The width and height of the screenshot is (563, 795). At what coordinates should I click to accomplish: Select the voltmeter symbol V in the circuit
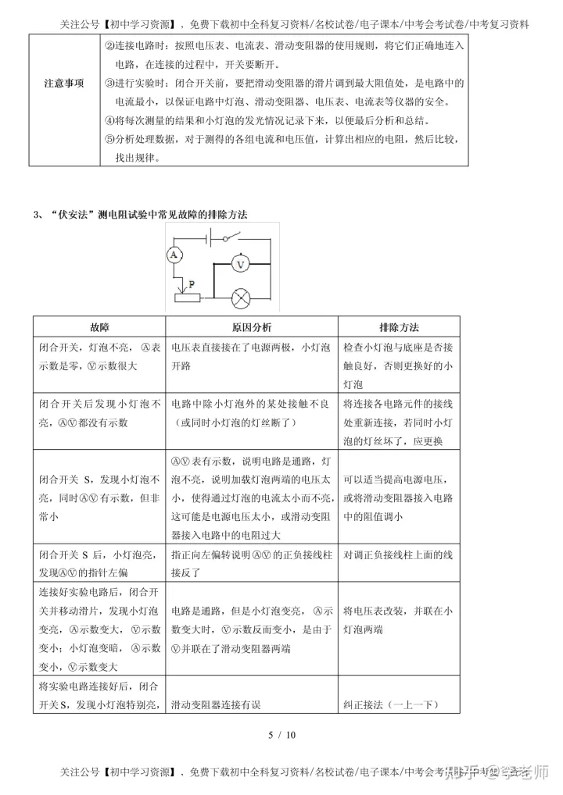coord(242,265)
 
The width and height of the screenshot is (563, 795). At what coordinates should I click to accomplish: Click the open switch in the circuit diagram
coord(228,237)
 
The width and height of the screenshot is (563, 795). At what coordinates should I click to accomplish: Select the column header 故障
coord(99,327)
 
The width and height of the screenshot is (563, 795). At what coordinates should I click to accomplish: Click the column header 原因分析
coord(252,327)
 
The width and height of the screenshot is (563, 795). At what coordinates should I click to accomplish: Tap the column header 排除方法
coord(399,327)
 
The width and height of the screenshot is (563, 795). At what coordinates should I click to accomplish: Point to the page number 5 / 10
coord(281,735)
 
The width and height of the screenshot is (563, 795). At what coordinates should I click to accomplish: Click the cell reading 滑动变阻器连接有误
coord(215,704)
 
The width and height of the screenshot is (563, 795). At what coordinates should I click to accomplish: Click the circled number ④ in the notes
coord(109,121)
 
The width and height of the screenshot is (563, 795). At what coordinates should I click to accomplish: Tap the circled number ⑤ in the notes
coord(109,140)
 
